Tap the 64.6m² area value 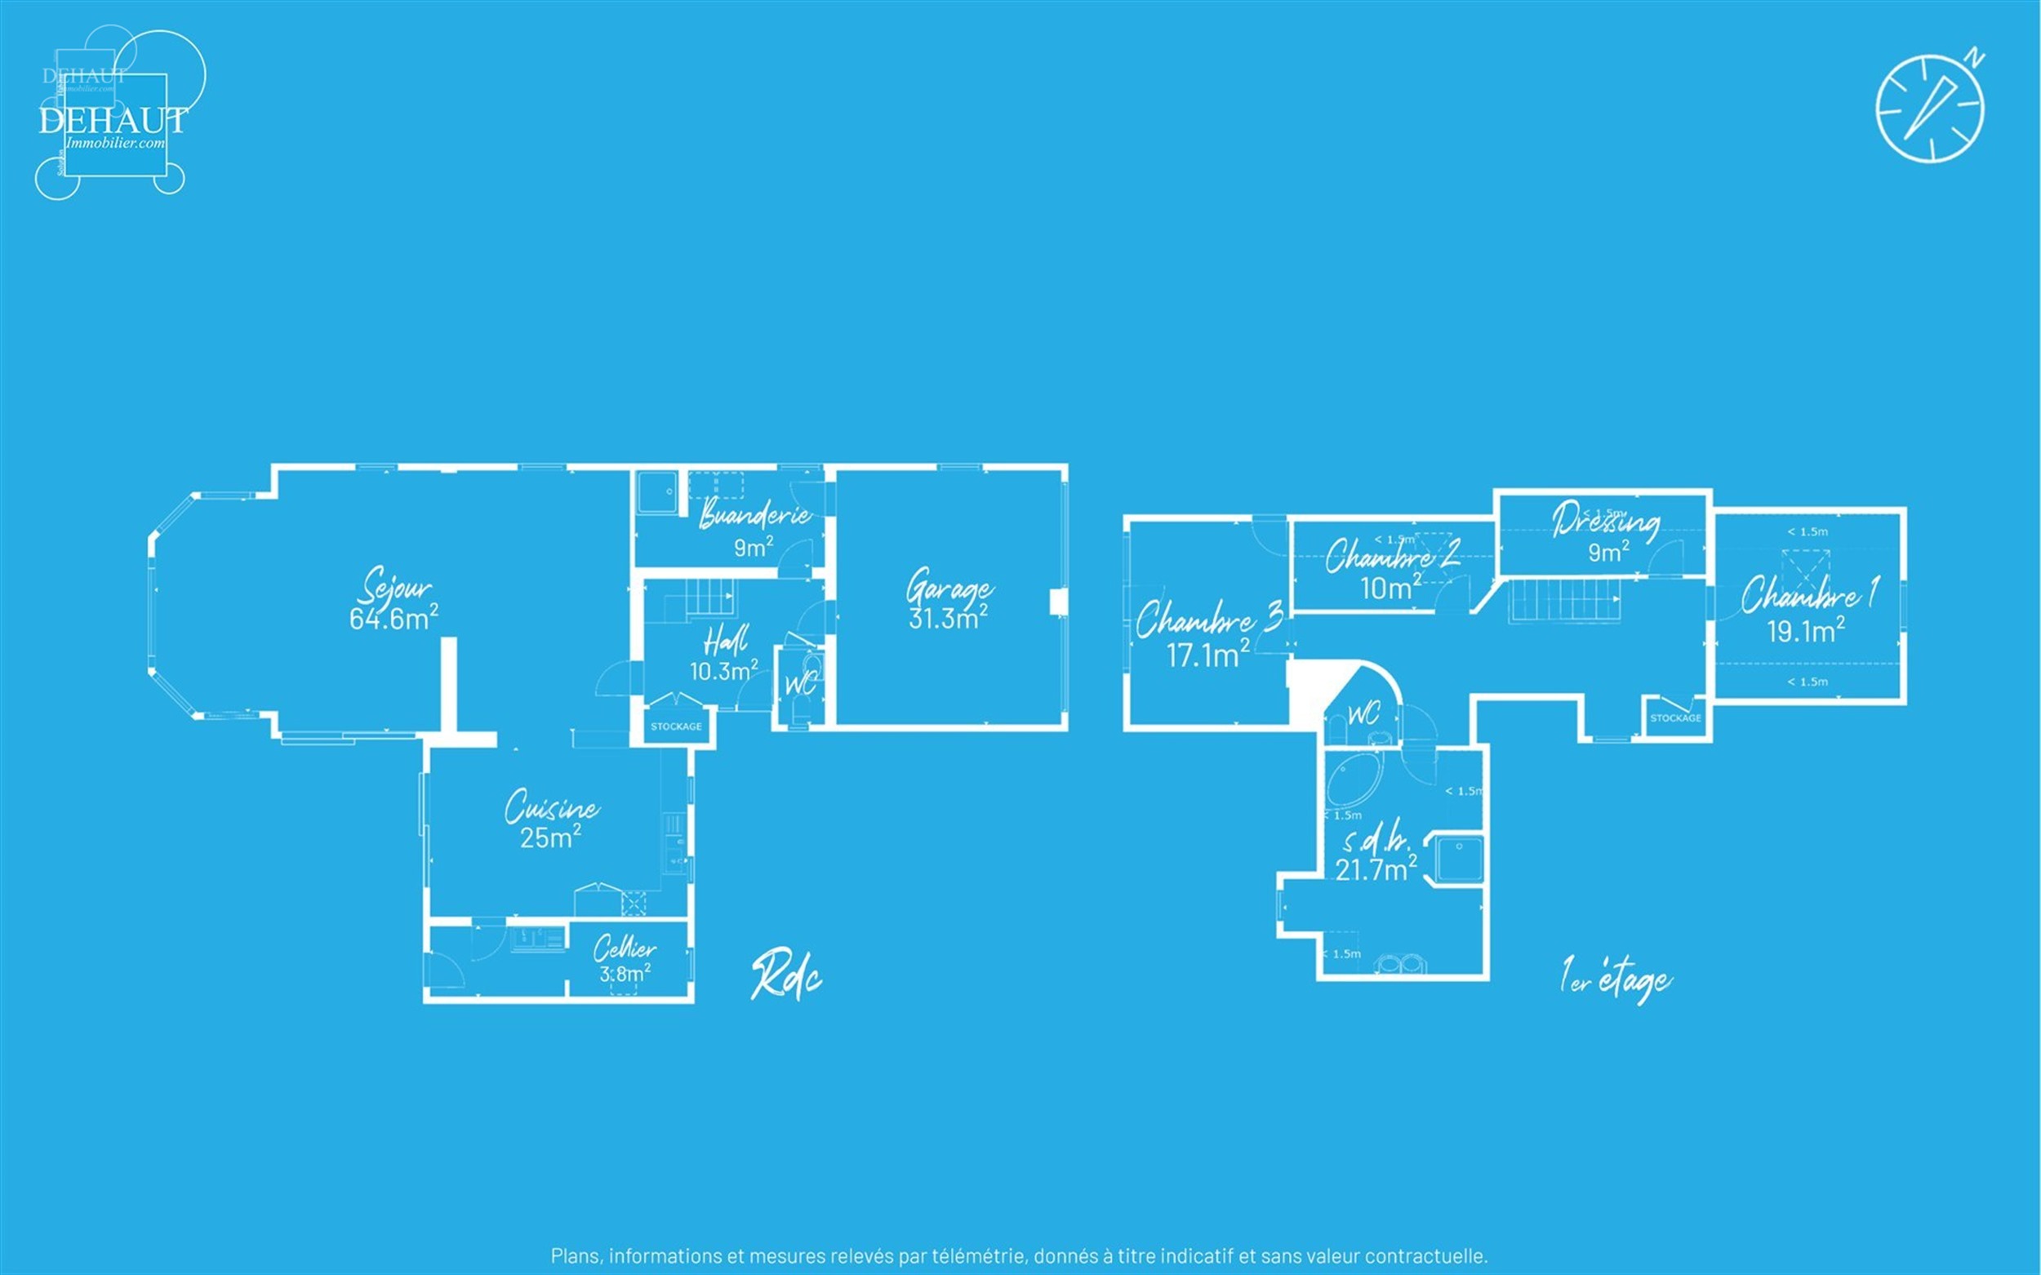393,619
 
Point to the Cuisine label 552,807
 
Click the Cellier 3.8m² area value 624,975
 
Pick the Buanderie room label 755,513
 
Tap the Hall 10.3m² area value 723,671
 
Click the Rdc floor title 786,977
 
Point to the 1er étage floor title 1614,980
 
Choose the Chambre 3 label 1207,620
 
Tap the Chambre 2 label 1392,556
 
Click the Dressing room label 1606,520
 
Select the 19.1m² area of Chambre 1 1806,631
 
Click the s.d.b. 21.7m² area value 1376,869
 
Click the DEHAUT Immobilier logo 112,121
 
